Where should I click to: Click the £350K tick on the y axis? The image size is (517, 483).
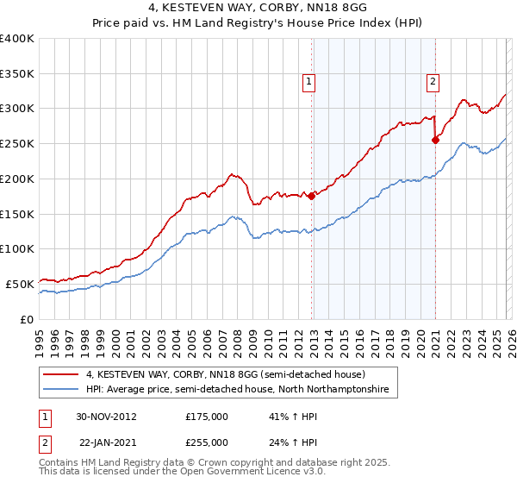(x=17, y=74)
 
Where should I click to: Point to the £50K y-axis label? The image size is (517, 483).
(x=20, y=284)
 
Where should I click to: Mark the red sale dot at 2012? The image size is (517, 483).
(x=311, y=197)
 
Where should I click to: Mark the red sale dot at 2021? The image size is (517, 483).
(x=435, y=140)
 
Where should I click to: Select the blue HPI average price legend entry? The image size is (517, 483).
(x=237, y=390)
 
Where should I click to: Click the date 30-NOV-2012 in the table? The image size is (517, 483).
(x=106, y=416)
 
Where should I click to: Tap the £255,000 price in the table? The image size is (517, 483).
(x=206, y=442)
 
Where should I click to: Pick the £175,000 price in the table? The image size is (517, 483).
(x=206, y=416)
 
